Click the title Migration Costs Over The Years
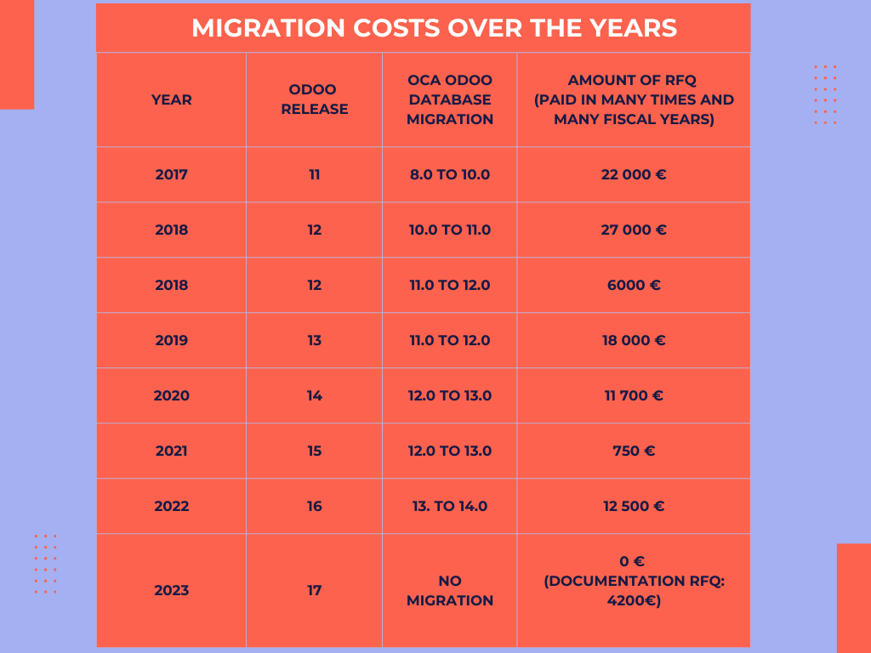coord(434,28)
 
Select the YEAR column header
coord(172,99)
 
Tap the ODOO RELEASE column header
coord(315,99)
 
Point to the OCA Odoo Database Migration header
coord(450,99)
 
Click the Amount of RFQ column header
coord(634,99)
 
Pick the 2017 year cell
coord(172,175)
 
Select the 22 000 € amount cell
coord(634,175)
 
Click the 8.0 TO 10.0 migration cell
coord(450,175)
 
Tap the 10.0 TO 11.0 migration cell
coord(450,230)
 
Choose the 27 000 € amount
coord(634,230)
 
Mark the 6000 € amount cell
coord(634,286)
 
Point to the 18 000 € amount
coord(634,341)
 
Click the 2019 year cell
coord(172,341)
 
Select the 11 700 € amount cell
coord(634,396)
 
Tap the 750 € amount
coord(634,451)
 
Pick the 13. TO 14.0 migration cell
coord(450,507)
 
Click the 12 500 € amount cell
coord(634,507)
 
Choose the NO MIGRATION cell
coord(450,590)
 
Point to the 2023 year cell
coord(172,590)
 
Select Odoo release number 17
coord(315,590)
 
